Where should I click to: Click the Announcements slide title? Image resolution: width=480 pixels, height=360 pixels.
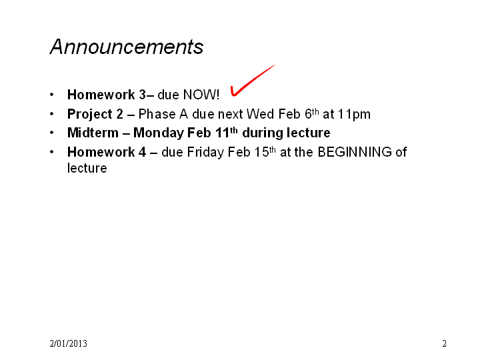coord(127,47)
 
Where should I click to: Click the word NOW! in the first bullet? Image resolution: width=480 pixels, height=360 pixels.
coord(201,95)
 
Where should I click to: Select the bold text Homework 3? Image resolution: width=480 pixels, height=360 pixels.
coord(107,95)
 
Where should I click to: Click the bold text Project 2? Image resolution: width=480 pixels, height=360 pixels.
coord(95,115)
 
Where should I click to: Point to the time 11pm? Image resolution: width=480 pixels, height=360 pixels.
coord(354,115)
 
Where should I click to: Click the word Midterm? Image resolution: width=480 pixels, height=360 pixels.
coord(93,133)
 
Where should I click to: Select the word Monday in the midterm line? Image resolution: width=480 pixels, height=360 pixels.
coord(159,133)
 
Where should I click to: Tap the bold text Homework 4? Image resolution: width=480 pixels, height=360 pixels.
coord(107,152)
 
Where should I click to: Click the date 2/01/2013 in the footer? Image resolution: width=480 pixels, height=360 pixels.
coord(68,343)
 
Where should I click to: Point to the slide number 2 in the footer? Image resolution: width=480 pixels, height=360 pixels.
coord(444,343)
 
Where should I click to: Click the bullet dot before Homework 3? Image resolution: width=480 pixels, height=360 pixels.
coord(52,95)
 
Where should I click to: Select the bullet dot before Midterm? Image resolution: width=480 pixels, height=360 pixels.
coord(52,133)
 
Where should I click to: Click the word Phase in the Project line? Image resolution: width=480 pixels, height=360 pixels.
coord(157,114)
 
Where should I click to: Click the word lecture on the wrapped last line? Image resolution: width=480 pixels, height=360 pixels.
coord(87,168)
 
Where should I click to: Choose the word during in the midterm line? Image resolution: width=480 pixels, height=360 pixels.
coord(262,133)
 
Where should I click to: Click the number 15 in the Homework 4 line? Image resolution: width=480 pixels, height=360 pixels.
coord(261,152)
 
